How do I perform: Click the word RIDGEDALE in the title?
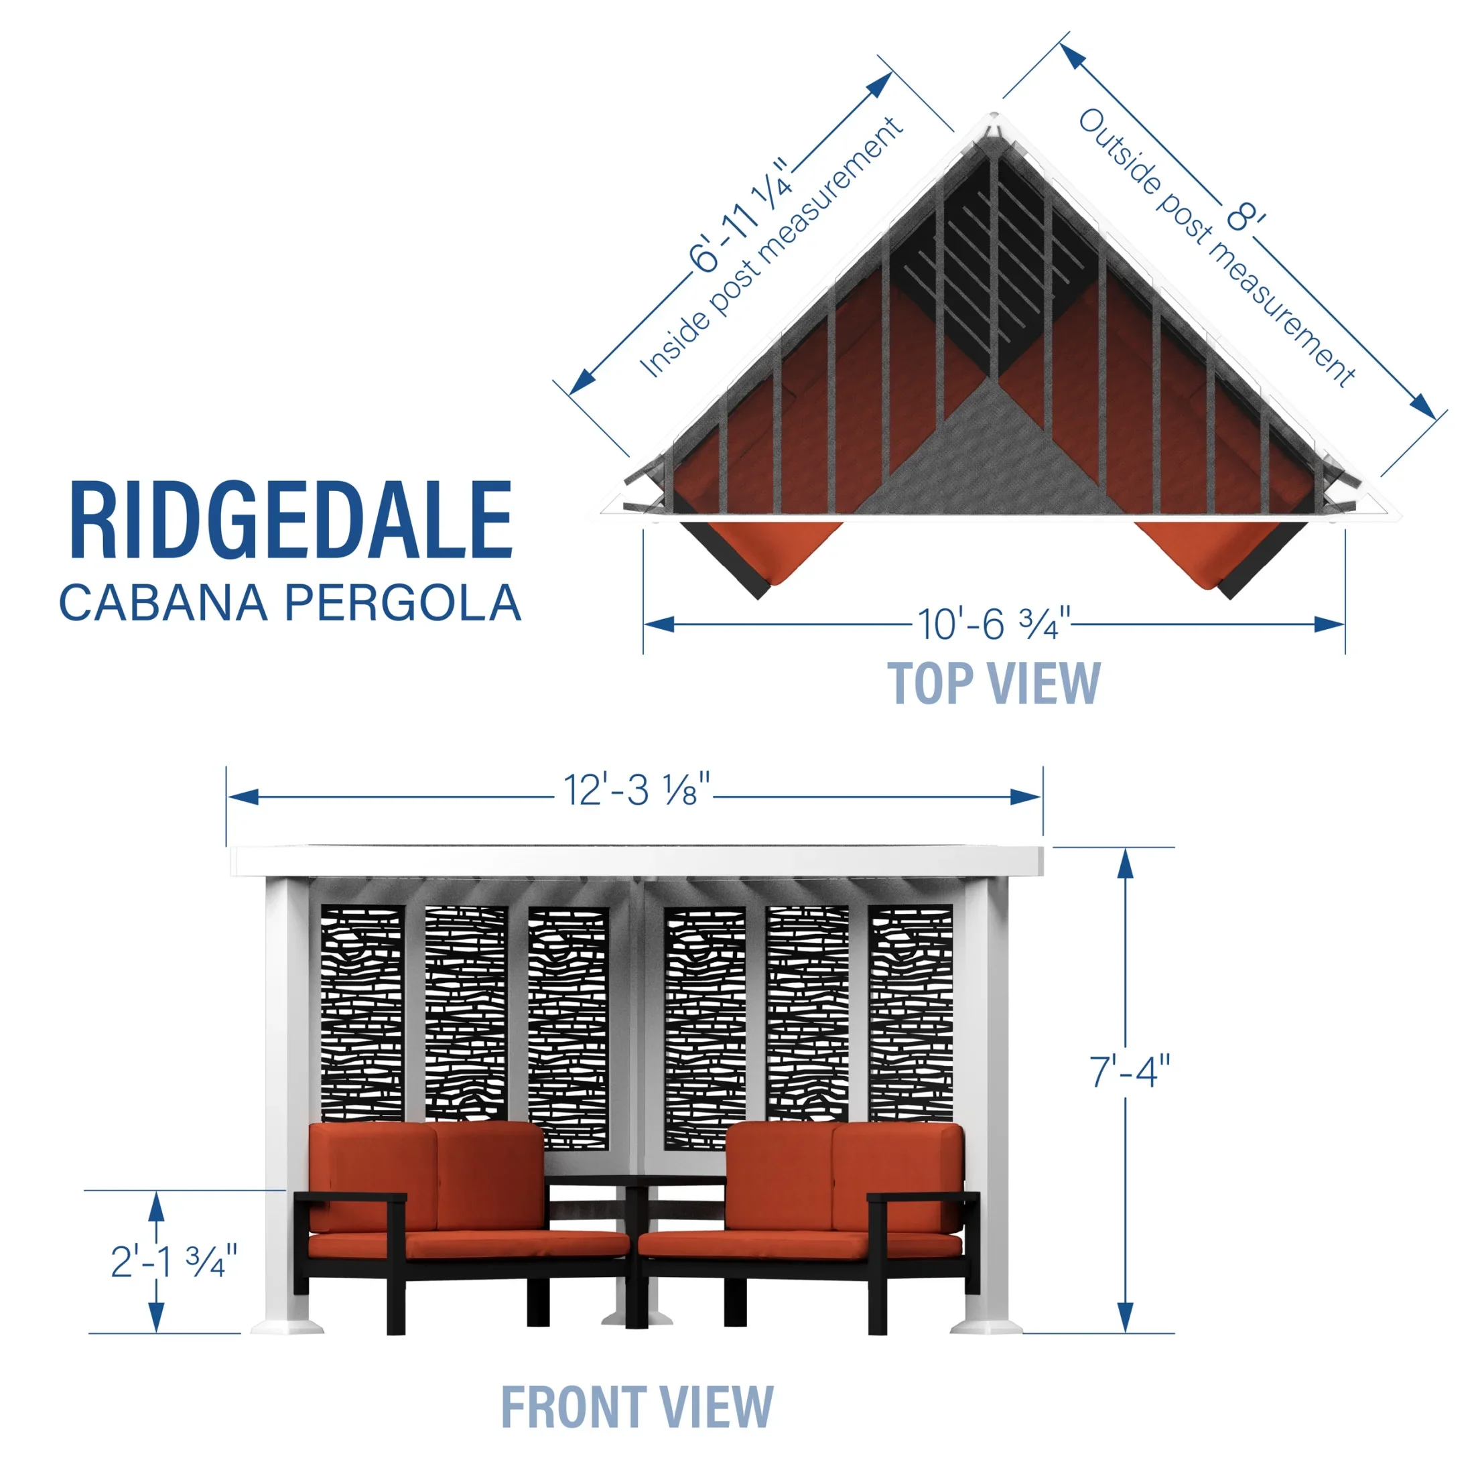pos(291,521)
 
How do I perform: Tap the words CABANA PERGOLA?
pos(291,603)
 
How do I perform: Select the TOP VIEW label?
pos(994,683)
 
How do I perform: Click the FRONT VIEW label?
pos(637,1407)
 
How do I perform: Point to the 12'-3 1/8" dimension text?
pos(637,790)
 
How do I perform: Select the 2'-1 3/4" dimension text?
pos(174,1260)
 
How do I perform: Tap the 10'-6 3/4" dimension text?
pos(994,624)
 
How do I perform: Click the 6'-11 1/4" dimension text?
pos(740,215)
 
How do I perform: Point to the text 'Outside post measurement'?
pos(1217,247)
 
